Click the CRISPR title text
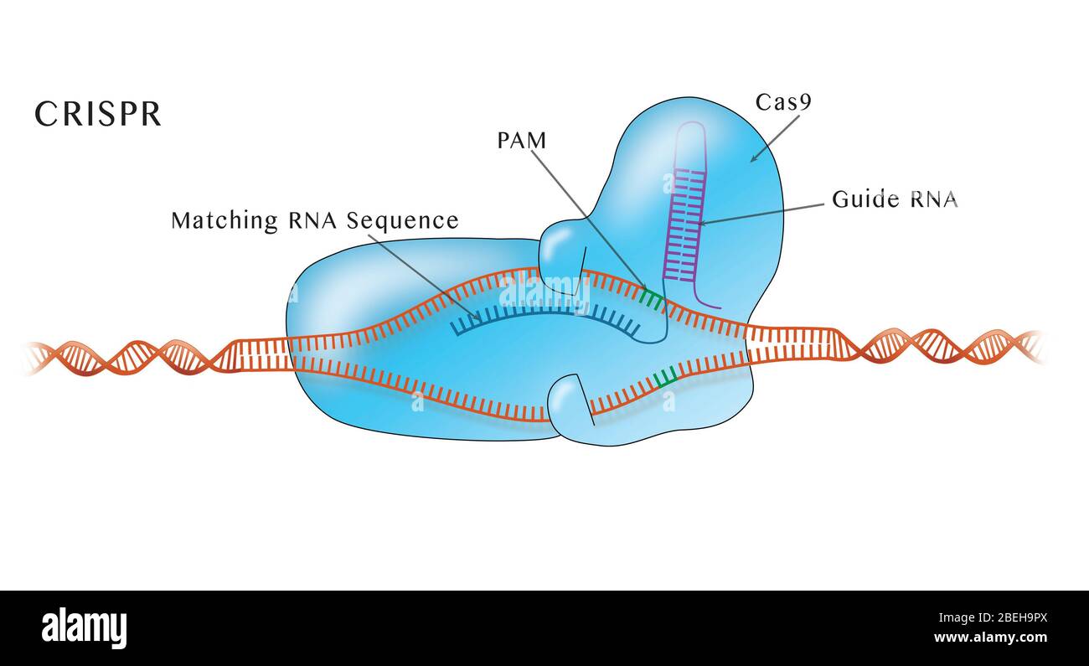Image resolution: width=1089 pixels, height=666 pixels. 98,115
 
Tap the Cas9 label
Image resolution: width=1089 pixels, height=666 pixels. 783,102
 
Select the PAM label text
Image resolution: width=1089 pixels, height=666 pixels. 522,141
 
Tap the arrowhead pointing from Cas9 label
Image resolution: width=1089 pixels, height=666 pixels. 754,157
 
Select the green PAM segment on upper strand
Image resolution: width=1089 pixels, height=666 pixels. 652,297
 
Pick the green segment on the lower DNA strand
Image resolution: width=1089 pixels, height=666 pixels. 665,378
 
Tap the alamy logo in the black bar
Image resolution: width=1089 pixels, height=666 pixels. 84,628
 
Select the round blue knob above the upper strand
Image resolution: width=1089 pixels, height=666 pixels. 561,247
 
